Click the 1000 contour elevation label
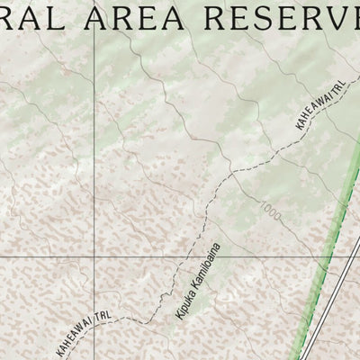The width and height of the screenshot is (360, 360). tap(267, 208)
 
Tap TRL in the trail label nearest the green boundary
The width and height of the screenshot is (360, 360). tap(339, 88)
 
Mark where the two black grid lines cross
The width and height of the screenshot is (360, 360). tap(94, 256)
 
